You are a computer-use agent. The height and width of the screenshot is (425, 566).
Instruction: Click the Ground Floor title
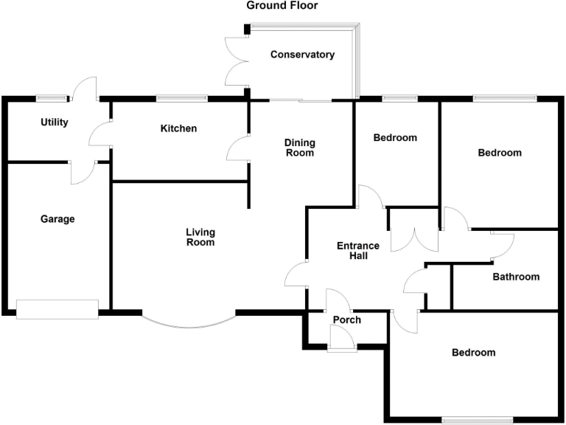click(282, 6)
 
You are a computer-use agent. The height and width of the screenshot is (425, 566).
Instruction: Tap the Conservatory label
click(302, 55)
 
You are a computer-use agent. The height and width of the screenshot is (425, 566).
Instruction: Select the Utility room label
click(55, 122)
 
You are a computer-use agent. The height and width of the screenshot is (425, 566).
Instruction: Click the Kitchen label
click(178, 128)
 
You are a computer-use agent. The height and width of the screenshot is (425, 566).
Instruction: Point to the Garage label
click(57, 218)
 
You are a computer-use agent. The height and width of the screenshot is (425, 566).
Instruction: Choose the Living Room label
click(200, 238)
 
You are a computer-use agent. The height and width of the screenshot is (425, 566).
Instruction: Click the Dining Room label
click(300, 148)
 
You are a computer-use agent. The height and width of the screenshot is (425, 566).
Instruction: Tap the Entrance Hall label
click(358, 251)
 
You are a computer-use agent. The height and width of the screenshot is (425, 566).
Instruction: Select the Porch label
click(347, 319)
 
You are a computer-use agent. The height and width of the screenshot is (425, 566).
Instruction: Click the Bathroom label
click(516, 277)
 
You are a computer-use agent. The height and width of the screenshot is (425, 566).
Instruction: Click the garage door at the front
click(57, 310)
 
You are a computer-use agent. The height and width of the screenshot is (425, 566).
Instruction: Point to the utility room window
click(52, 97)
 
